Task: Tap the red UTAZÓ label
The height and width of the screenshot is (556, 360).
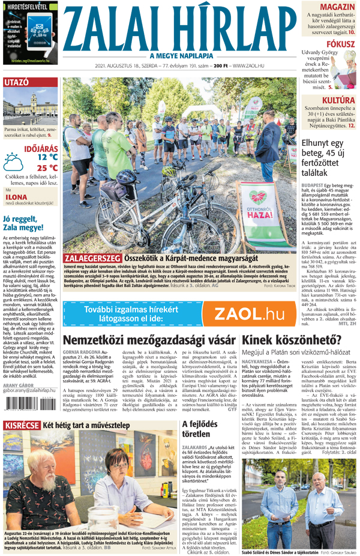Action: pyautogui.click(x=16, y=82)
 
